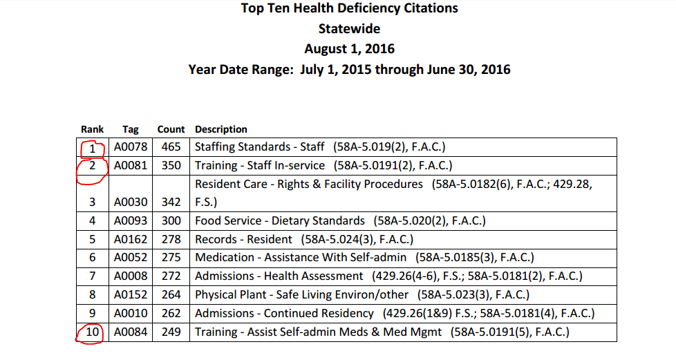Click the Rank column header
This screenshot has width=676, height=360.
(x=92, y=129)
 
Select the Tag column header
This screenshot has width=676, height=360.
(x=130, y=130)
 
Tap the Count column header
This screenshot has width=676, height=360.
(x=171, y=129)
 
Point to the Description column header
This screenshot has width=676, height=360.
(x=221, y=129)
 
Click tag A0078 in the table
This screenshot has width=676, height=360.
(x=131, y=147)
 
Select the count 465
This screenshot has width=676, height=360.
(x=171, y=147)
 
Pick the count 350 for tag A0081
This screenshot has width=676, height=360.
(x=171, y=166)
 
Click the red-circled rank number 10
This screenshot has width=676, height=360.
(x=92, y=332)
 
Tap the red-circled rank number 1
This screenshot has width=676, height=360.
(x=92, y=149)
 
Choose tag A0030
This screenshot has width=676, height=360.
(x=131, y=202)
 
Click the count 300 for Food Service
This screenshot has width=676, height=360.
(x=171, y=220)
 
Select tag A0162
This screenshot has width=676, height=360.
(x=131, y=239)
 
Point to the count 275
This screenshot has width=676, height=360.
(x=171, y=257)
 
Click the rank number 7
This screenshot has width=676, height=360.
(x=92, y=276)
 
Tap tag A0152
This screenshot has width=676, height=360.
(x=131, y=294)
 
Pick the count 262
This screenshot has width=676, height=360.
(x=171, y=314)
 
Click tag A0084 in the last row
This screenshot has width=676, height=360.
(x=131, y=332)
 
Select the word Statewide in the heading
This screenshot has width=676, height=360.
(x=349, y=28)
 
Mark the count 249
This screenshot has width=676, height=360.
(x=171, y=332)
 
